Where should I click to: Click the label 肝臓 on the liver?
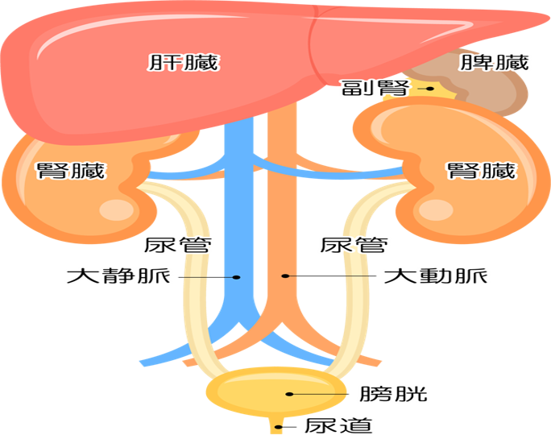tap(184, 62)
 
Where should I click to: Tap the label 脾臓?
tap(495, 62)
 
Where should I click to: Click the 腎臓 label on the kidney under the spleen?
tap(481, 171)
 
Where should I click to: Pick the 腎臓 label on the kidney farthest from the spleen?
tap(71, 171)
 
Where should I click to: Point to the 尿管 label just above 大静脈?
tap(179, 245)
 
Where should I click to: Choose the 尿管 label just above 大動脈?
tap(355, 245)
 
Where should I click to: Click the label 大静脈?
tap(118, 276)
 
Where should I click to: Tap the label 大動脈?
tap(436, 276)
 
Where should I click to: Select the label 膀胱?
tap(395, 394)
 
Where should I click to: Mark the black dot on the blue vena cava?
tap(236, 277)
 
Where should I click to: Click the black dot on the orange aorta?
tap(284, 276)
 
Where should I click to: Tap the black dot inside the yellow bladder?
tap(288, 394)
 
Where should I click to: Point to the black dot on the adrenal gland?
tap(431, 89)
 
